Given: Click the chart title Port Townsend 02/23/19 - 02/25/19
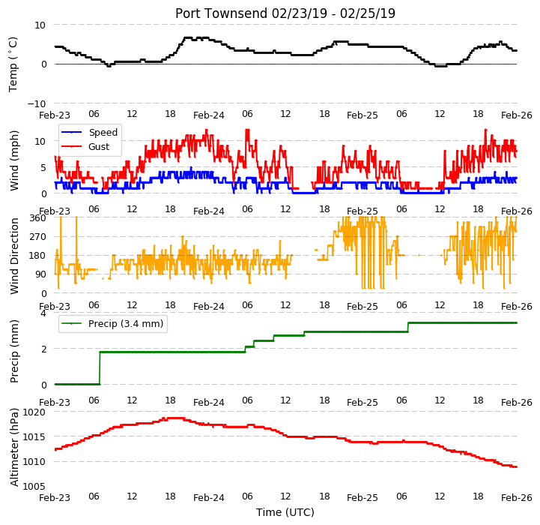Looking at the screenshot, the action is pyautogui.click(x=285, y=13).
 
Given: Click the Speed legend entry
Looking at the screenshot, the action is pyautogui.click(x=89, y=133).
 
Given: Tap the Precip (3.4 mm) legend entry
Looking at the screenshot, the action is pyautogui.click(x=112, y=323).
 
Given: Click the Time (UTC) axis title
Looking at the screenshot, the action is pyautogui.click(x=285, y=512).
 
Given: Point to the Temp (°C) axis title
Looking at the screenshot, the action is pyautogui.click(x=13, y=64).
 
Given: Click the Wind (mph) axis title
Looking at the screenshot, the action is pyautogui.click(x=13, y=160).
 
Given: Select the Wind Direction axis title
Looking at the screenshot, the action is pyautogui.click(x=13, y=256).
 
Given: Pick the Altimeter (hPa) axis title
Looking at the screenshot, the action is pyautogui.click(x=13, y=448).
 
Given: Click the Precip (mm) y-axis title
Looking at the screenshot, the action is pyautogui.click(x=13, y=352).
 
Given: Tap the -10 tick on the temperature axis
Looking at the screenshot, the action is pyautogui.click(x=36, y=103).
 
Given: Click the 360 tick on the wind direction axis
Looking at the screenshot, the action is pyautogui.click(x=37, y=218).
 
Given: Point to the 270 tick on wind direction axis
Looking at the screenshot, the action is pyautogui.click(x=37, y=237).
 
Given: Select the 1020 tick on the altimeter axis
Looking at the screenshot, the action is pyautogui.click(x=34, y=412).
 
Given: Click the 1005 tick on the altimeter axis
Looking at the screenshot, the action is pyautogui.click(x=34, y=486).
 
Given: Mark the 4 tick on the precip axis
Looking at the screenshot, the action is pyautogui.click(x=43, y=313).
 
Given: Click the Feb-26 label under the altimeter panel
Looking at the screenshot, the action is pyautogui.click(x=517, y=498).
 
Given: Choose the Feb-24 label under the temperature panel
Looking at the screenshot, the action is pyautogui.click(x=209, y=115).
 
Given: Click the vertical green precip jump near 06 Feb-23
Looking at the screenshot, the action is pyautogui.click(x=100, y=368).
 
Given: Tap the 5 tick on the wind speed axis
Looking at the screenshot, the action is pyautogui.click(x=43, y=168).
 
